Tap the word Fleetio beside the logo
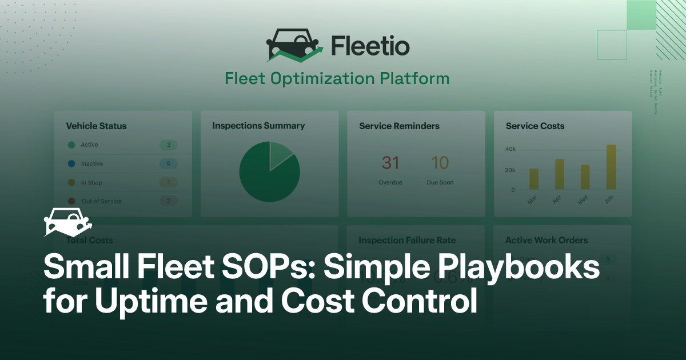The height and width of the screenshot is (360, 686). [x=370, y=45]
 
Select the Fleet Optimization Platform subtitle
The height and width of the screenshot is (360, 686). [x=337, y=78]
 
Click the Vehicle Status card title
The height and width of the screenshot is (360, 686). [x=96, y=126]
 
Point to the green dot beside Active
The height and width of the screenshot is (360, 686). [x=71, y=145]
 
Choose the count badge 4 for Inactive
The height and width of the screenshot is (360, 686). [x=168, y=164]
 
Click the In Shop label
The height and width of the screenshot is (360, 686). [x=91, y=183]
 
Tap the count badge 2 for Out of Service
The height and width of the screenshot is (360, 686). [x=168, y=201]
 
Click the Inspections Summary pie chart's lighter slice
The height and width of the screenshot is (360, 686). [x=280, y=155]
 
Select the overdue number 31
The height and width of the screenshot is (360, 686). [x=390, y=163]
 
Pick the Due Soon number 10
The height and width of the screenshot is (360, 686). [x=440, y=163]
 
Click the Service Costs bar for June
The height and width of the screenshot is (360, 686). [x=611, y=167]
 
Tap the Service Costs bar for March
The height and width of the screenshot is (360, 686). [x=534, y=179]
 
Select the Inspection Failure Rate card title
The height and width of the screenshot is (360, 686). [x=407, y=241]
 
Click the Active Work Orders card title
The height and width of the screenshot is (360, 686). [x=546, y=241]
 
